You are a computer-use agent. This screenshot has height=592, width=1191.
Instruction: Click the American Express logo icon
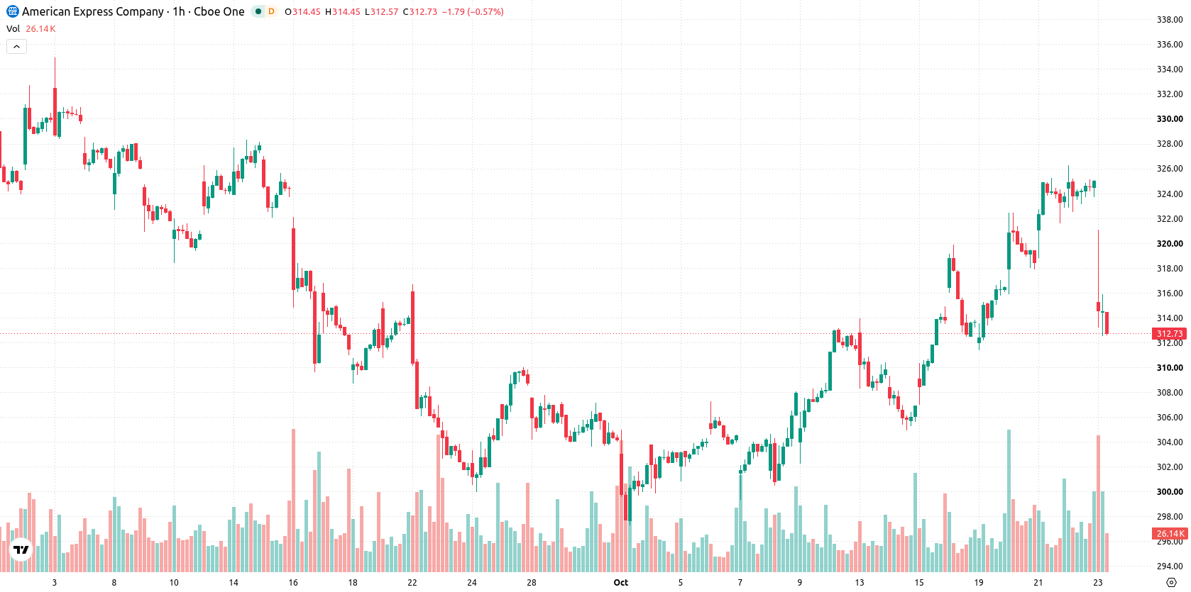(12, 11)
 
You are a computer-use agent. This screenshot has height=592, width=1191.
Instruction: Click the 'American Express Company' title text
(93, 11)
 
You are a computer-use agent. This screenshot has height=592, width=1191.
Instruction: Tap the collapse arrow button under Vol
(16, 47)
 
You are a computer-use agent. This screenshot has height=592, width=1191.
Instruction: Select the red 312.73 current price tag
(1170, 333)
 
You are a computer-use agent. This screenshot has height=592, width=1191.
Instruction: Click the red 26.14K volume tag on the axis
(1170, 533)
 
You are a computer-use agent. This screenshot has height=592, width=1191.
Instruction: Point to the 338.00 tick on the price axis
(1170, 20)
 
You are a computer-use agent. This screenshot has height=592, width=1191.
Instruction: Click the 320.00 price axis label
(1170, 244)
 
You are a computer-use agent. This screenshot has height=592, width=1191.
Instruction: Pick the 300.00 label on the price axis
(1170, 491)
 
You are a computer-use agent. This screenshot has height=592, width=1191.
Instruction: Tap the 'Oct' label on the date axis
(620, 583)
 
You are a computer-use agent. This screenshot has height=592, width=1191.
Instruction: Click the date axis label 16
(293, 583)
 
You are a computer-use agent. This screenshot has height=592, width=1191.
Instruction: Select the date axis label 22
(412, 583)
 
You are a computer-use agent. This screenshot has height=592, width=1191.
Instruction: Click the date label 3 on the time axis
(54, 583)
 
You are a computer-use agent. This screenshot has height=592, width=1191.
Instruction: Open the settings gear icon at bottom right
(1171, 583)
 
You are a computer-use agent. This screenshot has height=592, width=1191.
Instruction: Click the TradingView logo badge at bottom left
(21, 549)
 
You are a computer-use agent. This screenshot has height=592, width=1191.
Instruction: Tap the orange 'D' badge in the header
(271, 11)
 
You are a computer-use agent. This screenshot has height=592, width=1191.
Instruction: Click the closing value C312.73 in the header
(419, 11)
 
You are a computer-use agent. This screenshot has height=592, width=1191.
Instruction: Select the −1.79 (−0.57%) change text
(473, 11)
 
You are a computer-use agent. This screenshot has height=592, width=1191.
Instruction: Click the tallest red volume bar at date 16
(293, 500)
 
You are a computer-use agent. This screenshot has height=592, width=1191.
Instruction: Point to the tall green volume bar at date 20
(1009, 501)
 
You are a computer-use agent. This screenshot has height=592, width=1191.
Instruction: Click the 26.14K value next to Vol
(40, 28)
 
